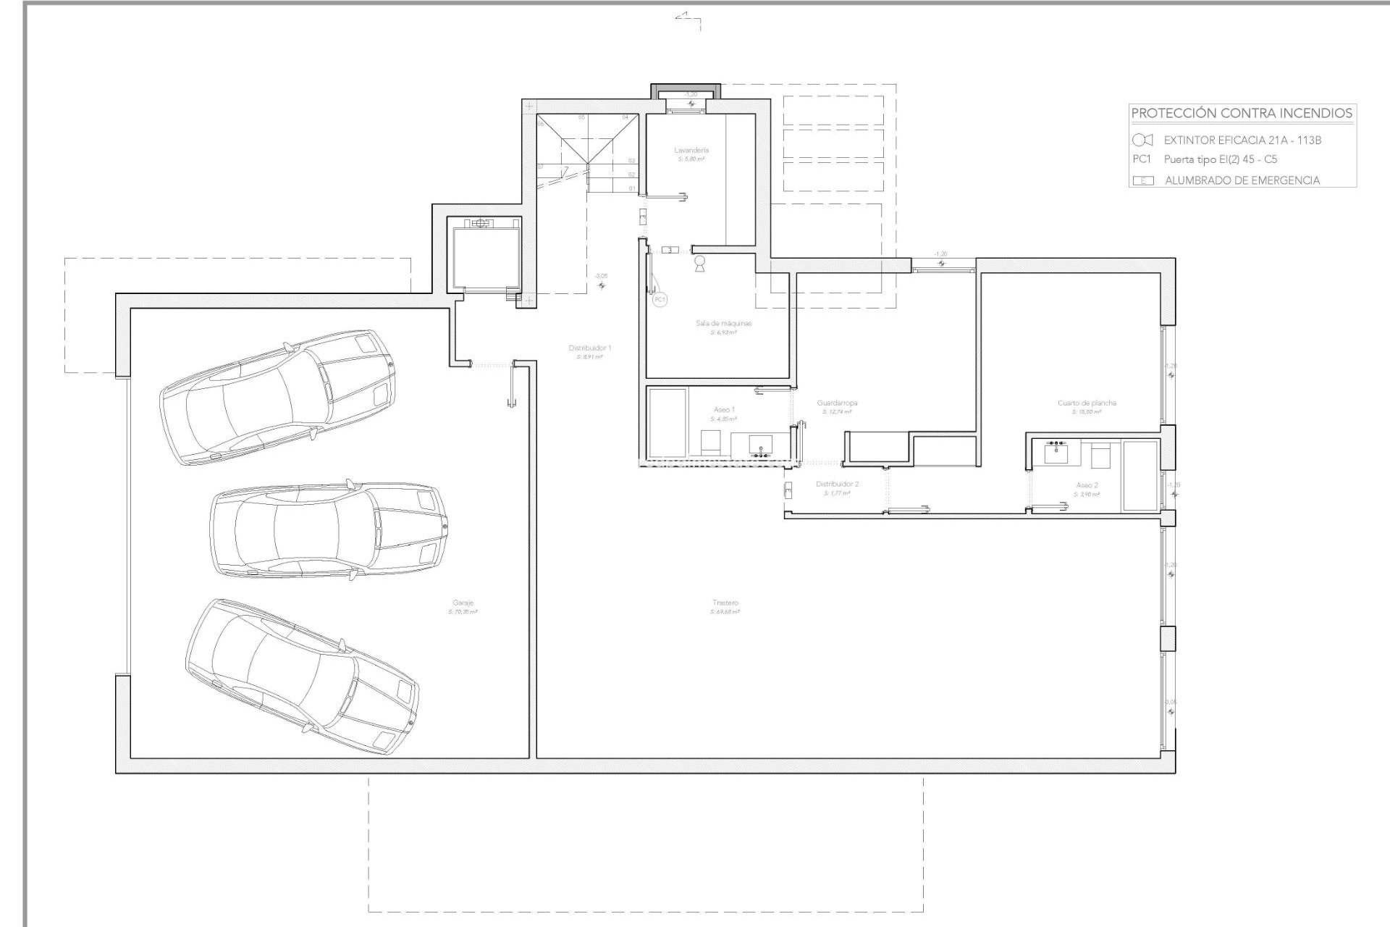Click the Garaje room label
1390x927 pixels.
tap(463, 603)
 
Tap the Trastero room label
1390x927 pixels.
tap(725, 603)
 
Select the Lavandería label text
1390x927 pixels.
tap(691, 150)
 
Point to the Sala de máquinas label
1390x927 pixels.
tap(723, 323)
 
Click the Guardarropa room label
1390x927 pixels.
tap(837, 403)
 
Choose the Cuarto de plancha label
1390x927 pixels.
tap(1087, 403)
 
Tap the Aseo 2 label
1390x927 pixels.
tap(1087, 485)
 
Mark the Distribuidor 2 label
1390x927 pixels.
tap(837, 484)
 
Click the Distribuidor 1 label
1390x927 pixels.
tap(590, 348)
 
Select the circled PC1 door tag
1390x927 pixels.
tap(660, 299)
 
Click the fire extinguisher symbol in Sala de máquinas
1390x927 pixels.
tap(700, 264)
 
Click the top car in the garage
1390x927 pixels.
tap(277, 397)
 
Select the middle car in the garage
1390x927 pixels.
tap(328, 531)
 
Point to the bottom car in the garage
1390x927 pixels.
tap(301, 676)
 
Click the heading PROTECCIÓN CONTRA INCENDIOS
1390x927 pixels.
tap(1242, 113)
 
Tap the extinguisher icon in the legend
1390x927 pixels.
tap(1142, 140)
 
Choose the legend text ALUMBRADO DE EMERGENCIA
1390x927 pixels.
tap(1242, 180)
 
